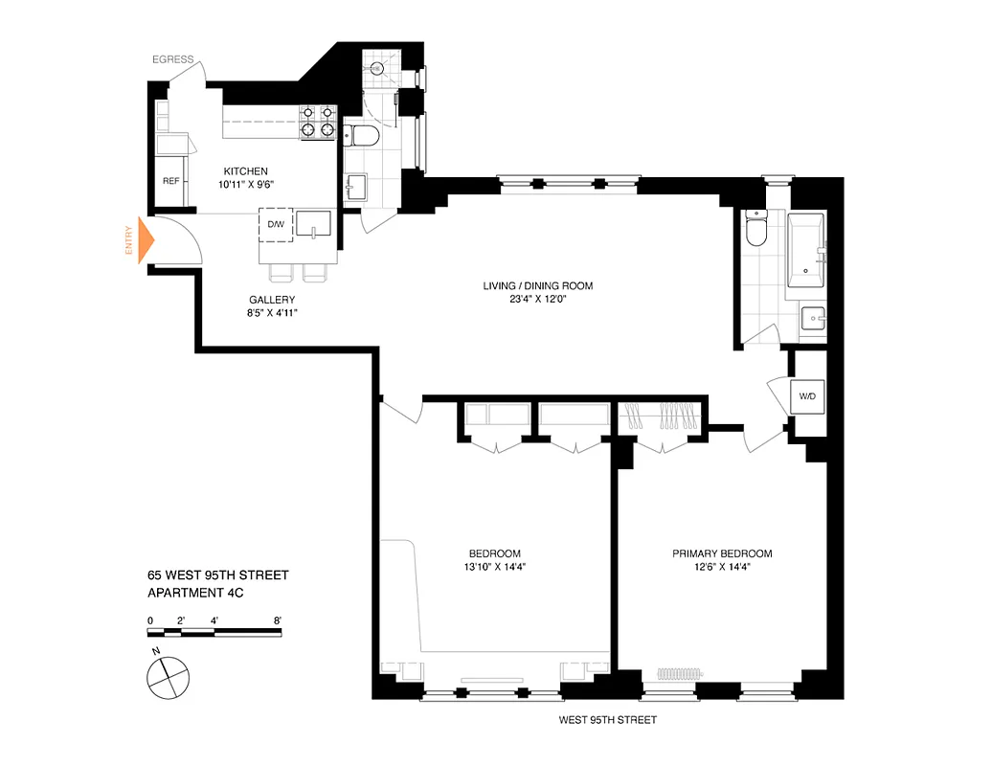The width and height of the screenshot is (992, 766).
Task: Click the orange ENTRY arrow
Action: pos(146,241)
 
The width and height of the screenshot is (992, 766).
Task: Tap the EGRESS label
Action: pos(172,59)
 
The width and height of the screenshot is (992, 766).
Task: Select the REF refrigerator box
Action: pos(170,181)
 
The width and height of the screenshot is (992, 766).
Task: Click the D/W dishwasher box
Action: pos(276,224)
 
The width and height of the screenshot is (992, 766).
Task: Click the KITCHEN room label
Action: pos(246,171)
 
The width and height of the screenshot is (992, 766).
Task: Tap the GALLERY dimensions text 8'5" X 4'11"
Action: pos(272,313)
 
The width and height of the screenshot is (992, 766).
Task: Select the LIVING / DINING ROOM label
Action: pos(537,285)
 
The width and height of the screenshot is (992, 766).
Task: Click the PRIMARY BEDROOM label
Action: pos(722,553)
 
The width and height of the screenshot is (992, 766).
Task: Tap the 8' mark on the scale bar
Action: pos(278,620)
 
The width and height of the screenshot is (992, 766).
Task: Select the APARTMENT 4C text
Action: pos(196,593)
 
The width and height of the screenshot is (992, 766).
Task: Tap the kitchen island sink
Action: pos(314,224)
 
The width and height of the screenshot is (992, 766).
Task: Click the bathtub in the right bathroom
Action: pos(807,250)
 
